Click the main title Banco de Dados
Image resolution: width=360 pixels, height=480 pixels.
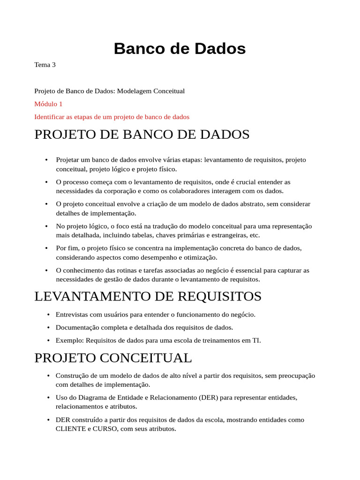tap(180, 48)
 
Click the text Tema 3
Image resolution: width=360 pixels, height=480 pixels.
tap(45, 65)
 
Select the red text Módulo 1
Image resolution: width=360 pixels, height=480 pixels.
tap(48, 104)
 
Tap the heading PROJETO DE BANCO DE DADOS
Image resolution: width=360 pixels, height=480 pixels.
tap(142, 135)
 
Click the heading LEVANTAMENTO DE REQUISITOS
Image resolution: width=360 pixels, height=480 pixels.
tap(148, 296)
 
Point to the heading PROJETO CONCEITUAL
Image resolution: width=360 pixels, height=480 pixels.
tap(113, 358)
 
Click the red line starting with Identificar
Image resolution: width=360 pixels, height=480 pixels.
tap(112, 117)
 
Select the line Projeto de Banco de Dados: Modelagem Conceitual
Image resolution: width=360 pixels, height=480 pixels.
tap(110, 91)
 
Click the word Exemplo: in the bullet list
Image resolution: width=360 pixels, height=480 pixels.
tap(70, 340)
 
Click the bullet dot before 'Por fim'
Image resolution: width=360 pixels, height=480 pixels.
tap(46, 248)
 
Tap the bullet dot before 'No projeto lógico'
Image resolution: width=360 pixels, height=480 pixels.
tap(46, 226)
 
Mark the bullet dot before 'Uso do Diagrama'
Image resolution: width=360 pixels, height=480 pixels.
tap(48, 397)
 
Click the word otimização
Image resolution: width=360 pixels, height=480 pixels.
tap(200, 257)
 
